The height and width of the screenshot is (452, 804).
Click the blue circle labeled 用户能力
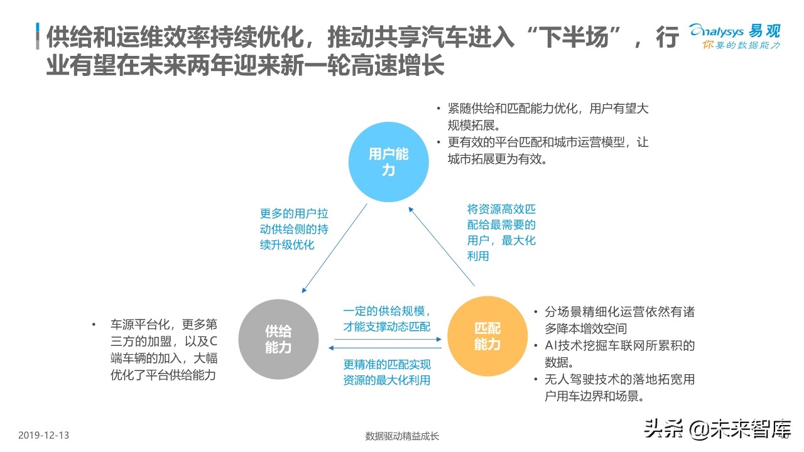pyautogui.click(x=388, y=162)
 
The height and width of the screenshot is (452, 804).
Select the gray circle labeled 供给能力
pyautogui.click(x=278, y=338)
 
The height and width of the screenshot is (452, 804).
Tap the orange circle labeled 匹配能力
pyautogui.click(x=487, y=336)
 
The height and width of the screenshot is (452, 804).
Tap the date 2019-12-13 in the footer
pyautogui.click(x=43, y=435)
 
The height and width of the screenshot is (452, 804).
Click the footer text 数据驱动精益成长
pyautogui.click(x=402, y=436)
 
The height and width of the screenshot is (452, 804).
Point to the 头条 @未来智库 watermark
pyautogui.click(x=717, y=429)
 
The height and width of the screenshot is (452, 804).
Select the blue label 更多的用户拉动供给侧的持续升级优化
pyautogui.click(x=294, y=229)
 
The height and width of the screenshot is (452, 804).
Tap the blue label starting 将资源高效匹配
pyautogui.click(x=501, y=232)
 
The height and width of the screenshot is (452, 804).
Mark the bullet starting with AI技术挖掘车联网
pyautogui.click(x=619, y=354)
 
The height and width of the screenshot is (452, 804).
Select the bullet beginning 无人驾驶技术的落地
pyautogui.click(x=619, y=388)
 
